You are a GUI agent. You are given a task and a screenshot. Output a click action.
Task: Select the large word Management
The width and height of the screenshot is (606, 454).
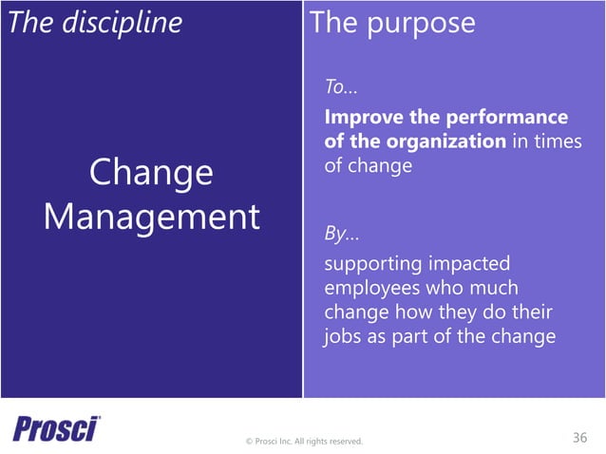151,218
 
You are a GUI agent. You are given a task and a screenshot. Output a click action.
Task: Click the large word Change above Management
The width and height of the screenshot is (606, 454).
151,173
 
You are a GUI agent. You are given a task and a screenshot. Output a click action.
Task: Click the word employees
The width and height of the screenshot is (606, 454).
371,287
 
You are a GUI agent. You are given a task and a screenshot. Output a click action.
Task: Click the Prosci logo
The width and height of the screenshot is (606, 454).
55,428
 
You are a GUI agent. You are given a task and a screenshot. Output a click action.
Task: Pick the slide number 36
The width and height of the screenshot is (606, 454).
579,437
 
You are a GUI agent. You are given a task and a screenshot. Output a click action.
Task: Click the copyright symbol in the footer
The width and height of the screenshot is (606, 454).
249,441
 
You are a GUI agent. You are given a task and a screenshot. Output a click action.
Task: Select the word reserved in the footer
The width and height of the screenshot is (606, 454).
343,441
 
